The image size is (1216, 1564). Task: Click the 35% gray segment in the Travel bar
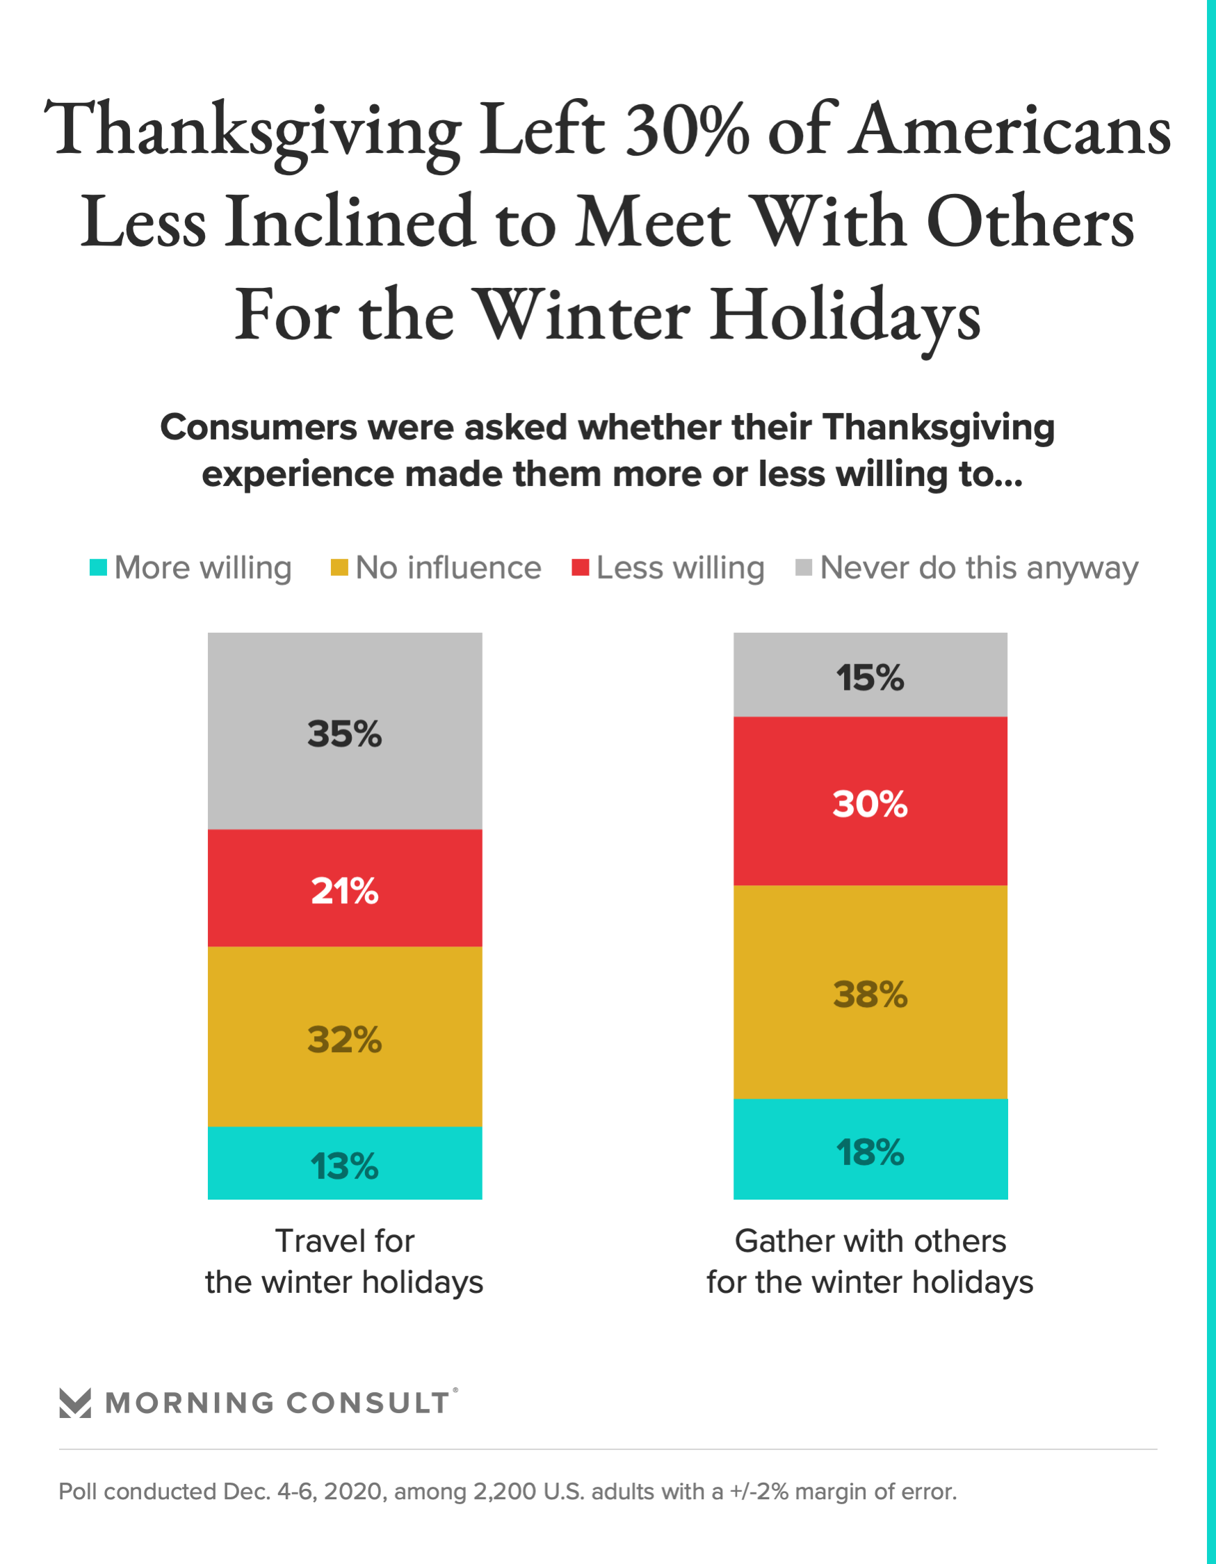coord(344,730)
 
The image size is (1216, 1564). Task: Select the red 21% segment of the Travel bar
coord(344,888)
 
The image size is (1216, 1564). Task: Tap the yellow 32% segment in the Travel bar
coord(344,1036)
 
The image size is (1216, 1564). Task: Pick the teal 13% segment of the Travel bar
coord(344,1163)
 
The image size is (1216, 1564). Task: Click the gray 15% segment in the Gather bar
coord(870,675)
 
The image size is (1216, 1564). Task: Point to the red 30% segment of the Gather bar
coord(870,801)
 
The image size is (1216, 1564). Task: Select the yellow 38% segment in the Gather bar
coord(870,992)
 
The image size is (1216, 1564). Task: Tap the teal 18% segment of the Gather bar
coord(870,1150)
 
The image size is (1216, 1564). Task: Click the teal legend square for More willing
coord(98,567)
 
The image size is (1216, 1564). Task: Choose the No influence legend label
coord(448,568)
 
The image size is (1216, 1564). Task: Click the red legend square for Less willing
coord(580,567)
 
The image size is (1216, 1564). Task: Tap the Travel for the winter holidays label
coord(344,1261)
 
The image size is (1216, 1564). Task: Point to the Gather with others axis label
coord(870,1261)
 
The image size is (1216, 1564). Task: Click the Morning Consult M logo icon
coord(75,1403)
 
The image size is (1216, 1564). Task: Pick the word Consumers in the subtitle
coord(259,428)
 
